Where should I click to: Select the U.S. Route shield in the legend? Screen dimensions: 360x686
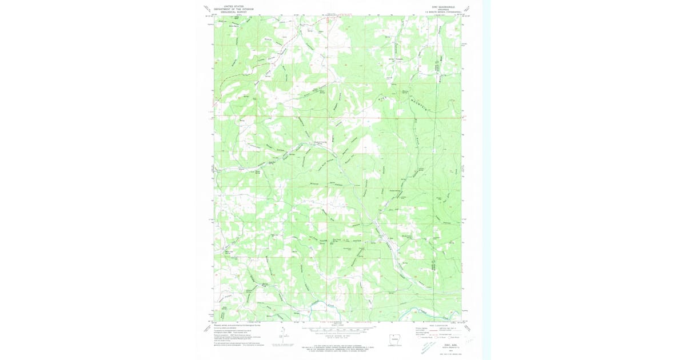click(436, 338)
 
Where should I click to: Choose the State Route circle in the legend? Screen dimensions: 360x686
click(450, 338)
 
